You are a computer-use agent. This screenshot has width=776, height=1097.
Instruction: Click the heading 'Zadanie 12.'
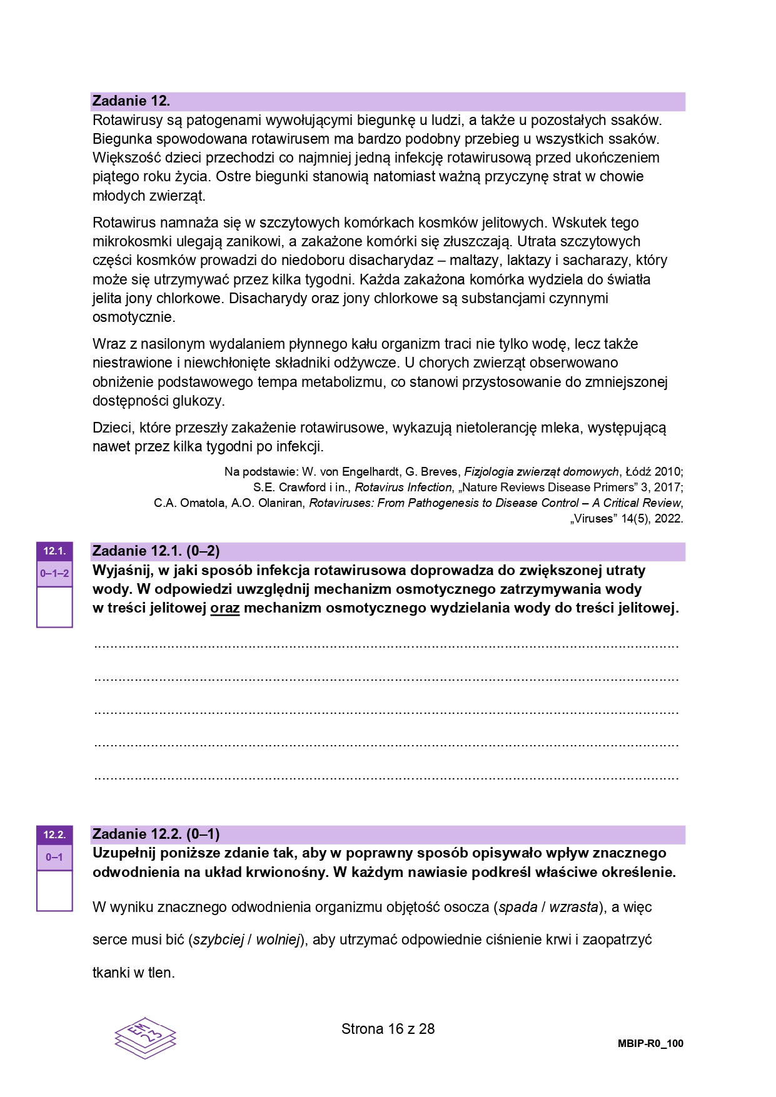131,101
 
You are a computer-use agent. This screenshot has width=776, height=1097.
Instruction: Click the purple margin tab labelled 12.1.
54,551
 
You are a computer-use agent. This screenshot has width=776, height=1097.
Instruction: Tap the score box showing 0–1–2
54,573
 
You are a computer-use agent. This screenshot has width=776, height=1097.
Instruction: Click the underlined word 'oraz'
225,608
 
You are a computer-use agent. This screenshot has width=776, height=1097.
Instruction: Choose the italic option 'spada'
518,907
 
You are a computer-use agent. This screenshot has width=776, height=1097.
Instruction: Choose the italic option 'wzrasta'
573,907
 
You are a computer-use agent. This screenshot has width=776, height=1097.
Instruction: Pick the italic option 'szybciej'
218,939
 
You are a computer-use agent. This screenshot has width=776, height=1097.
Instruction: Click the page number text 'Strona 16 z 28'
388,1029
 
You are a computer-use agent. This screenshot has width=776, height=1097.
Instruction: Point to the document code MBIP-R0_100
650,1043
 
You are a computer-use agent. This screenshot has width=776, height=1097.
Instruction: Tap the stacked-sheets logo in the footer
145,1038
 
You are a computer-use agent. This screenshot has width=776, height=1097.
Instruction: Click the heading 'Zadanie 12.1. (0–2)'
156,551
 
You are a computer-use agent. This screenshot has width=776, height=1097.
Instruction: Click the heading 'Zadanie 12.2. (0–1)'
156,834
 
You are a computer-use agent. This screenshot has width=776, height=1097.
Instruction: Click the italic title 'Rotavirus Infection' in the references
403,488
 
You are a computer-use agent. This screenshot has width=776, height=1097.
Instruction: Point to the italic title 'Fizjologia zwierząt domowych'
542,472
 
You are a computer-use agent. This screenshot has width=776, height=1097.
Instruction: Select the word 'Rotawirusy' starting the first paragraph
125,120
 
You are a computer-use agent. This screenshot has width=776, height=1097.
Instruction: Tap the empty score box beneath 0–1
54,890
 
